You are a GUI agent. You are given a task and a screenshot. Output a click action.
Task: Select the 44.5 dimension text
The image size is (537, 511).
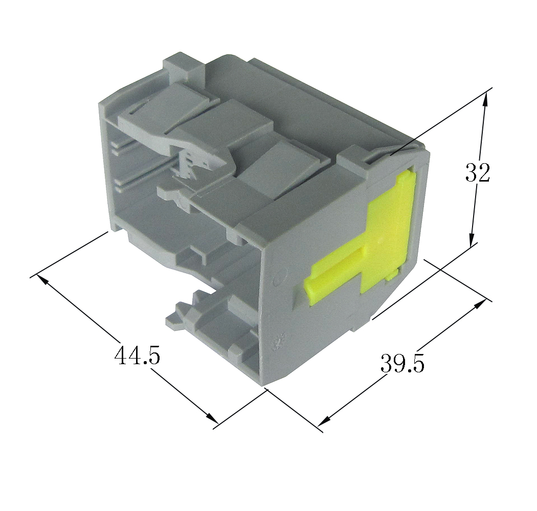click(137, 355)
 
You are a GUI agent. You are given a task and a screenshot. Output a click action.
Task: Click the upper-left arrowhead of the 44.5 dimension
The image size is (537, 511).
click(42, 279)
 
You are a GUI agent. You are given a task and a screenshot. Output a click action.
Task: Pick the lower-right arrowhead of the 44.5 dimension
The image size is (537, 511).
click(212, 418)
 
